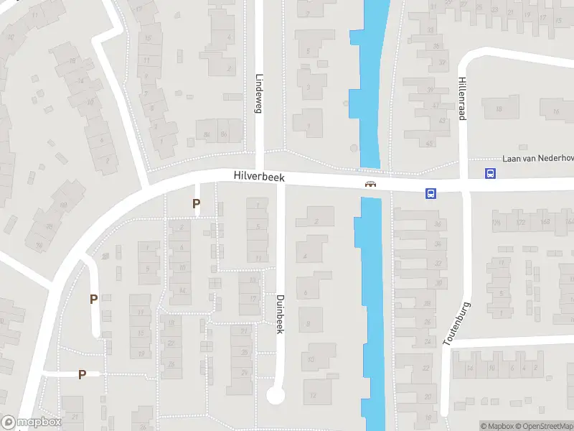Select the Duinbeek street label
click(x=280, y=313)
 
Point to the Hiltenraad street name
click(x=463, y=99)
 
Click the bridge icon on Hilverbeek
click(x=371, y=184)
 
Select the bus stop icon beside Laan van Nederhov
click(x=490, y=172)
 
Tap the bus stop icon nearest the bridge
click(x=431, y=193)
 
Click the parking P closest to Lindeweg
click(x=196, y=204)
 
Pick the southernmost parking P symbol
click(x=82, y=374)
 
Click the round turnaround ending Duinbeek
click(x=276, y=394)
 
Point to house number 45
click(x=430, y=143)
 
